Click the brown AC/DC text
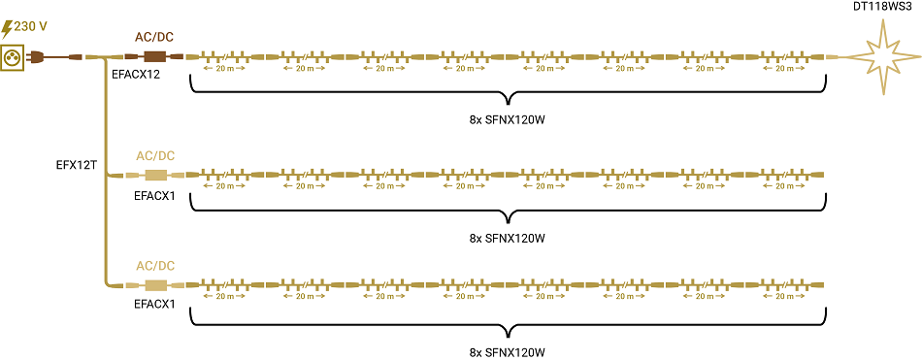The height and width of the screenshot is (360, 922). pos(154,38)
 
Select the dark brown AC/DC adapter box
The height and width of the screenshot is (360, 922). pos(155,57)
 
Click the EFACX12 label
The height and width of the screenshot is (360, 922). pos(137,76)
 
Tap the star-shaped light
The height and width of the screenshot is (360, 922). pos(884,57)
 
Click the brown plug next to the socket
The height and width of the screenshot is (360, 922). pos(34,57)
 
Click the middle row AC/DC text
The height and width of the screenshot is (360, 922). pos(155,156)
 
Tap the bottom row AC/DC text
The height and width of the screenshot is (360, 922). pos(155,266)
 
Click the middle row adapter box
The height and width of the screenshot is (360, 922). pos(156,176)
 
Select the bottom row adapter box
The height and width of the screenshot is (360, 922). pos(156,286)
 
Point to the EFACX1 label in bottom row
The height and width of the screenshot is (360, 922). pos(155,305)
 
